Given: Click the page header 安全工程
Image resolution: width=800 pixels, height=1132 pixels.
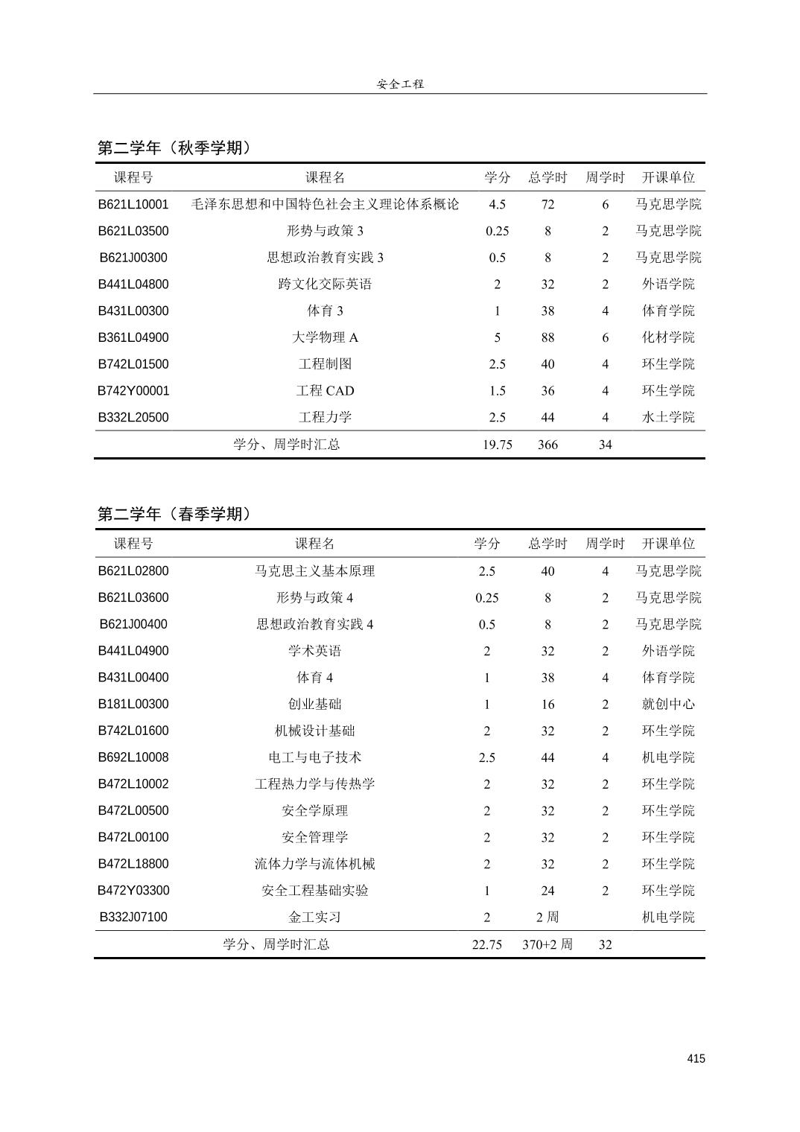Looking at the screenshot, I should point(400,84).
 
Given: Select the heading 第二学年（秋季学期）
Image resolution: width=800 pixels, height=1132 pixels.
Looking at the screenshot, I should point(174,147).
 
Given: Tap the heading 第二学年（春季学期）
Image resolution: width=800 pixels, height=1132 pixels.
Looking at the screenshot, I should point(174,514).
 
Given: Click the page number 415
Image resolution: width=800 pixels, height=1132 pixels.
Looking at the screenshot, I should point(696,1059).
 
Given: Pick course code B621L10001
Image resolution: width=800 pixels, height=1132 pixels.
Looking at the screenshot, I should point(133,204).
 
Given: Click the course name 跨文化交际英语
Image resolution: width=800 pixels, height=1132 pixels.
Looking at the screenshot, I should point(325,284).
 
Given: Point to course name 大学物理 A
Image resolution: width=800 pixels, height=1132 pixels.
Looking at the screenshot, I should point(325,337).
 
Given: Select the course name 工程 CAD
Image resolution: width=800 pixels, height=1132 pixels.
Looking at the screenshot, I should point(325,391).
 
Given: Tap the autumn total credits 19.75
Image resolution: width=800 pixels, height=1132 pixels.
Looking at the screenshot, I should point(497,445).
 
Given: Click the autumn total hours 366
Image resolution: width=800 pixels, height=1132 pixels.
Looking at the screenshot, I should point(547,445).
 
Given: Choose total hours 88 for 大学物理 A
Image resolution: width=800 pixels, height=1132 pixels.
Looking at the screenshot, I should point(547,337).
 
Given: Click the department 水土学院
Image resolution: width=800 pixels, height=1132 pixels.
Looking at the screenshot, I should point(668,417).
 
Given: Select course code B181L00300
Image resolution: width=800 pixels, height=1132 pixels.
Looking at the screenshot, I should point(133,704).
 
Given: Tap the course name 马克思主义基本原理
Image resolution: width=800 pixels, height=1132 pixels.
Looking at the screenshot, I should point(314,571).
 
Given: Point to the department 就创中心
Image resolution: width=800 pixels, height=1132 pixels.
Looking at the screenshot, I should point(668,704).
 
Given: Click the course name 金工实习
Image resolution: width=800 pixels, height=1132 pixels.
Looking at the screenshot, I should point(314,917).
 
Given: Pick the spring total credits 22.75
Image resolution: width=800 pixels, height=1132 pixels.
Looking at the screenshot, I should point(486,944).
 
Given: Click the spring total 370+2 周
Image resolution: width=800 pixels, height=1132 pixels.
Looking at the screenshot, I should point(547,944).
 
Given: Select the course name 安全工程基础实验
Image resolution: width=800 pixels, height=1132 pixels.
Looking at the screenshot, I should point(314,891).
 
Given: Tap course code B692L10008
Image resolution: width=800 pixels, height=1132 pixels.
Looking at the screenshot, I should point(133,757).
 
